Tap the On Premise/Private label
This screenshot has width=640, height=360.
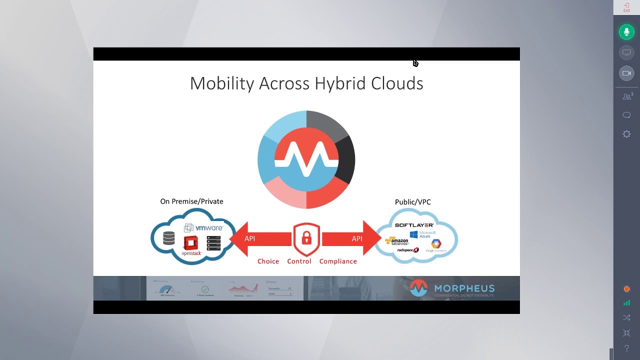click(x=191, y=201)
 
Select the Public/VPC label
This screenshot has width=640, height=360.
click(x=412, y=202)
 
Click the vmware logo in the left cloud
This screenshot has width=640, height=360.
click(x=208, y=228)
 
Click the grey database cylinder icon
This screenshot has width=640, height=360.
click(x=169, y=238)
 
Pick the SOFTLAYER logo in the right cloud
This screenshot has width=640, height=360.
click(x=414, y=225)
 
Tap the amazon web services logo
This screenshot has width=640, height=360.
click(x=397, y=241)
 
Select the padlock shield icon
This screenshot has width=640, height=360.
click(x=306, y=239)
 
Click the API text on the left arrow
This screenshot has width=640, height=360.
click(x=249, y=238)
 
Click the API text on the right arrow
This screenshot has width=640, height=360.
click(x=357, y=238)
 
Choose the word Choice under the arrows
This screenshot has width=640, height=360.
click(x=268, y=261)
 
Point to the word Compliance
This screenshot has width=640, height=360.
click(x=338, y=261)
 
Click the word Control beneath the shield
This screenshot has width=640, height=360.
click(x=299, y=261)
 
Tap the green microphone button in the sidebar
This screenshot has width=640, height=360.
click(x=626, y=32)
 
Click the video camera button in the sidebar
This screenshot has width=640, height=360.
click(x=626, y=73)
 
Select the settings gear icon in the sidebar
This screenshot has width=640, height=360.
click(x=626, y=134)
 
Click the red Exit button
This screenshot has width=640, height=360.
click(x=626, y=7)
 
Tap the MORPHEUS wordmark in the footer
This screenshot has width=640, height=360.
click(x=464, y=288)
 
